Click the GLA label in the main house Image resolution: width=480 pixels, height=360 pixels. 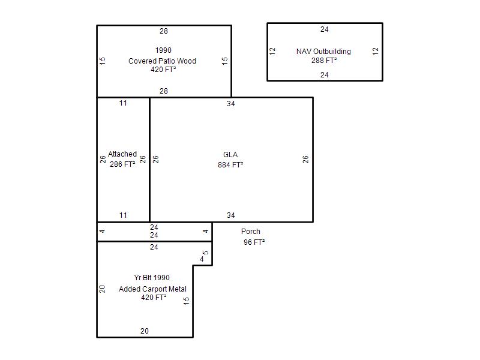[230, 155]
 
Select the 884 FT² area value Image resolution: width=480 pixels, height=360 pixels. [230, 164]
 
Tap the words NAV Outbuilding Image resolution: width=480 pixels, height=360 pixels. [323, 52]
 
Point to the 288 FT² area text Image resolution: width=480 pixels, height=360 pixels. [324, 61]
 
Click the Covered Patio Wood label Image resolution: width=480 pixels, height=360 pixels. [162, 61]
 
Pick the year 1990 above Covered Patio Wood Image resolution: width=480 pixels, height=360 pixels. [163, 50]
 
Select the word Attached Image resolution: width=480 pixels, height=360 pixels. [122, 154]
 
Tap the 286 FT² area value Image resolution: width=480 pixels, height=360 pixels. [122, 164]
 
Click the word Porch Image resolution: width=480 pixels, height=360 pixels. [251, 232]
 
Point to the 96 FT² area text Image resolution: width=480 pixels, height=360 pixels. [254, 242]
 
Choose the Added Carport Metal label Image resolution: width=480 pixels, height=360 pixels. [152, 289]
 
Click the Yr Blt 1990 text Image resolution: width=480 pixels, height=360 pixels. [152, 278]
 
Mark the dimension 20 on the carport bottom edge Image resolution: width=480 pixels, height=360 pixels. [145, 331]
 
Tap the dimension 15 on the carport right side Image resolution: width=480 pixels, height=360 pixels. [187, 301]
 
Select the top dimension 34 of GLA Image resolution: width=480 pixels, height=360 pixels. [231, 104]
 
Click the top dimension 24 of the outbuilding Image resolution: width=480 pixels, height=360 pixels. [325, 29]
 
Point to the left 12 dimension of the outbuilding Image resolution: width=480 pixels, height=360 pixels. [272, 52]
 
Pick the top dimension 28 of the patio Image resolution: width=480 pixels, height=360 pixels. [164, 31]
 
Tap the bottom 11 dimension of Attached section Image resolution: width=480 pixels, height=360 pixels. [123, 215]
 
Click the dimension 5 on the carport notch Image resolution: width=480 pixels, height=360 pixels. [206, 253]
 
